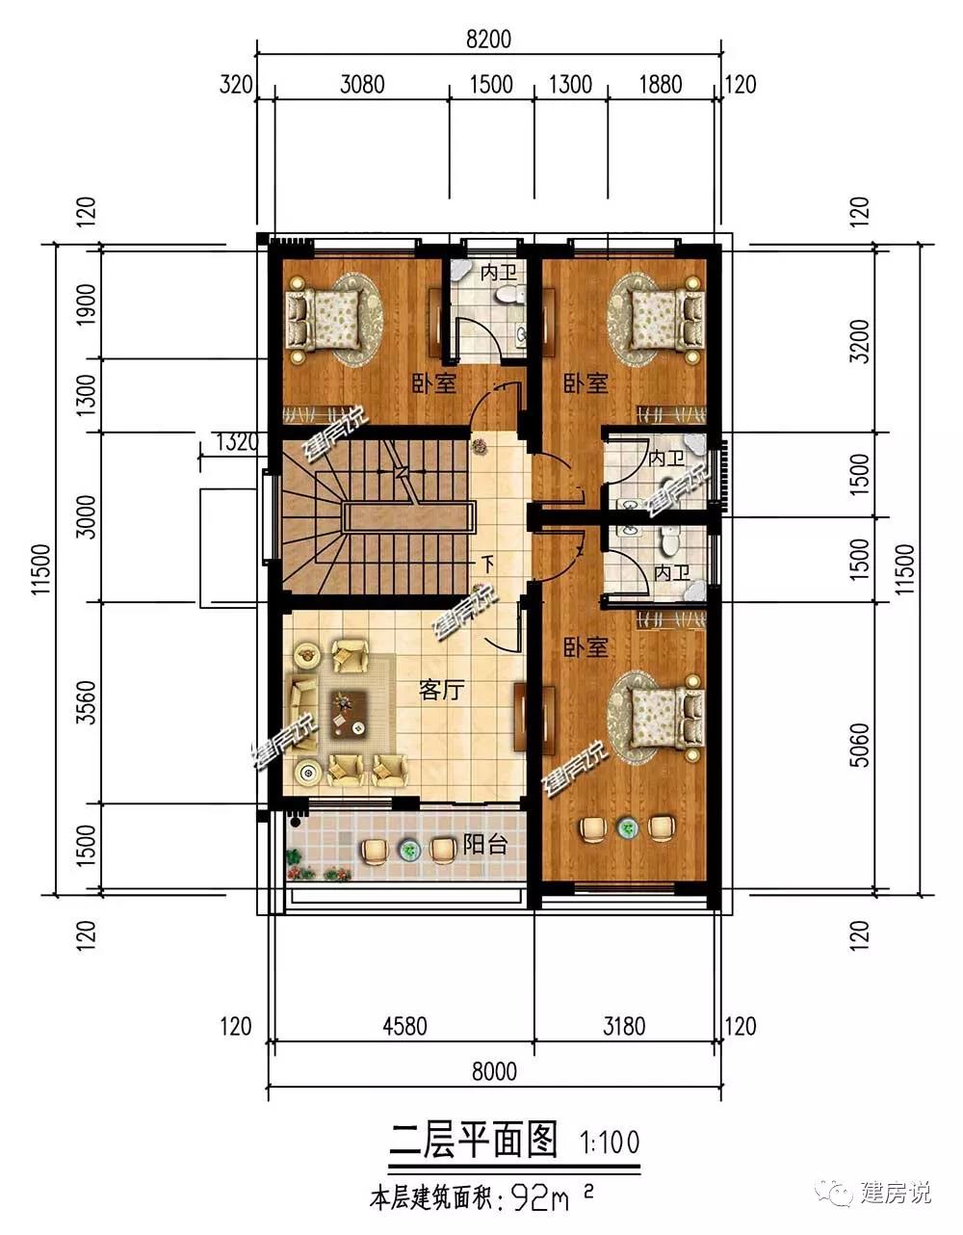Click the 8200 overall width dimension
coord(488,39)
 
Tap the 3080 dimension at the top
coord(362,85)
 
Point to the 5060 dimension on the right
coord(860,745)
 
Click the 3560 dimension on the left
coord(86,702)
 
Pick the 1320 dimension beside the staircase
coord(237,441)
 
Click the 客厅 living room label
coord(441,691)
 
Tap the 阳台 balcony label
coord(484,845)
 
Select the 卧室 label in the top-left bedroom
coord(434,383)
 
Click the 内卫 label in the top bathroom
coord(498,273)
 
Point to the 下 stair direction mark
coord(487,565)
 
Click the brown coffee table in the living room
coord(349,714)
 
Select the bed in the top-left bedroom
coord(324,320)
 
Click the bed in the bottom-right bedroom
coord(667,718)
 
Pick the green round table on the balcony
coord(409,851)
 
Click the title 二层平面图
coord(473,1141)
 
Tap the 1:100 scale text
coord(610,1142)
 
